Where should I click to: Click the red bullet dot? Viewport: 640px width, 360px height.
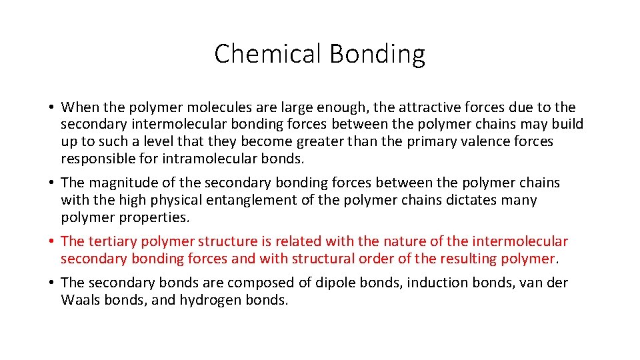51,241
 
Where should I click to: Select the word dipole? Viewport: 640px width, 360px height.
335,283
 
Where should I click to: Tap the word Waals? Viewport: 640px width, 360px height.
80,300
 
